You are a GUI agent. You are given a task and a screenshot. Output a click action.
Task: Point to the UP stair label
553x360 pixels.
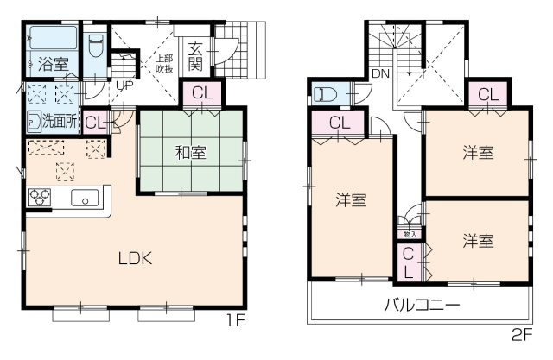tap(124, 86)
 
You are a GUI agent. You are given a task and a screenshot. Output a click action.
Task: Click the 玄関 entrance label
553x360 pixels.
tap(196, 56)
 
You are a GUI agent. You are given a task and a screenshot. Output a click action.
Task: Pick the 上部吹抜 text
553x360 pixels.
tap(164, 61)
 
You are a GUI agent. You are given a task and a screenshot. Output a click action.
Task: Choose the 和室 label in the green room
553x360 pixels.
tap(191, 153)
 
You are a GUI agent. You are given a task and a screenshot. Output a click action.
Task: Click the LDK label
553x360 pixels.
tap(136, 257)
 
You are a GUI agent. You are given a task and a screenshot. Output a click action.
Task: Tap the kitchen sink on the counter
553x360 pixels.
tap(87, 197)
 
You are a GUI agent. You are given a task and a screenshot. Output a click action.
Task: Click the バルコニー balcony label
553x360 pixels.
tap(422, 304)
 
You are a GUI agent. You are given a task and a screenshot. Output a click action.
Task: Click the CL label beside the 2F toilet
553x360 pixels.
tap(339, 123)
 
